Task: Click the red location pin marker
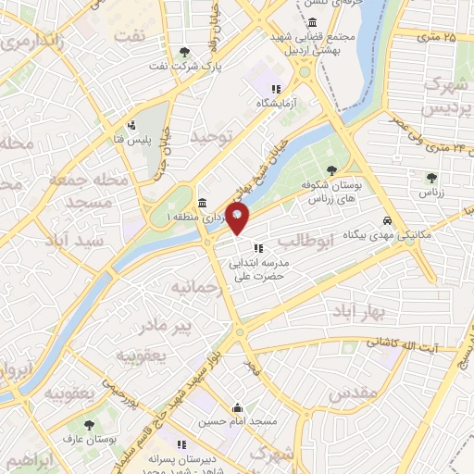click(238, 220)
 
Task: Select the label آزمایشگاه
click(281, 104)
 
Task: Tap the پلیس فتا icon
click(132, 125)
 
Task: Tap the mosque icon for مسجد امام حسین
click(238, 406)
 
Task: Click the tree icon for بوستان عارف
click(89, 425)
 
